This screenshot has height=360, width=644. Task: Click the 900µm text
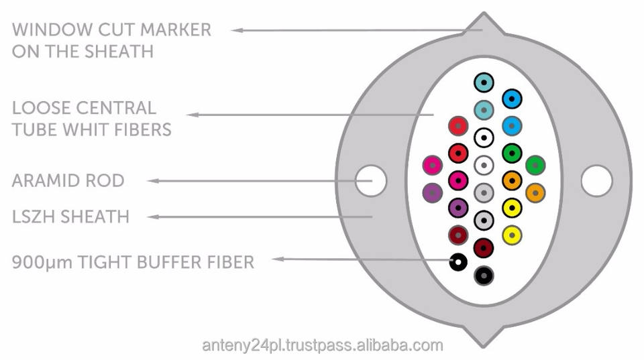coord(41,262)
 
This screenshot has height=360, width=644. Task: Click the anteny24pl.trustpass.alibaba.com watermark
coord(323,346)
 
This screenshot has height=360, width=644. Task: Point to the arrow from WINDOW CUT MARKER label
coord(349,30)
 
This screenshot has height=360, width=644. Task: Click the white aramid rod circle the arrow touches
coord(372,180)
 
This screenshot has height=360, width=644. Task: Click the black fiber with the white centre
coord(458,261)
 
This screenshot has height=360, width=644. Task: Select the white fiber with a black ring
coord(484,137)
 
